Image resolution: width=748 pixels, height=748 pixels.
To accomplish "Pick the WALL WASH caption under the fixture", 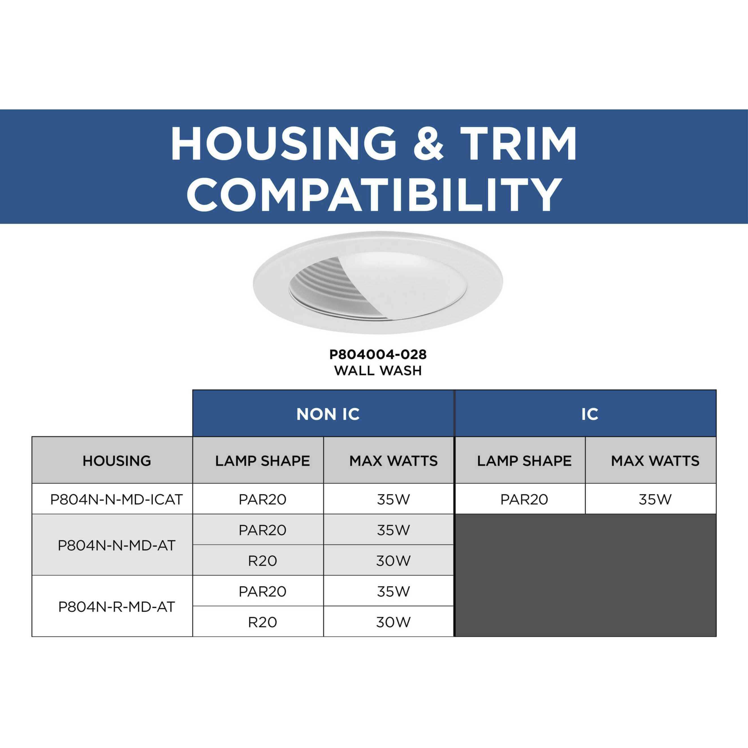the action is point(378,371).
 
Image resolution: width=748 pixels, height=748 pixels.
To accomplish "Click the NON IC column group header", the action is point(328,414).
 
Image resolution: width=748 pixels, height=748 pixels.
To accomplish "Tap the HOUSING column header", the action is point(116,461).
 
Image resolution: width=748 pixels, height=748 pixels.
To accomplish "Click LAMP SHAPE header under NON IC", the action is point(263,461).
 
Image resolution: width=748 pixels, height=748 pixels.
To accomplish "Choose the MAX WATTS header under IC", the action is point(655,461).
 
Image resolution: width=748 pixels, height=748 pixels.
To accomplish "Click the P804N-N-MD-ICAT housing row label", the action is point(116,500).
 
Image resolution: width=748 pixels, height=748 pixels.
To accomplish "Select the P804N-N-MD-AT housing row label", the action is point(116,546).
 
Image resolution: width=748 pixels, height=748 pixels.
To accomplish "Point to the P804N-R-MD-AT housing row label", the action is point(116,607).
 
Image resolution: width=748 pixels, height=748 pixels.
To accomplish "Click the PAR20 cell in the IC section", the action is point(524,500).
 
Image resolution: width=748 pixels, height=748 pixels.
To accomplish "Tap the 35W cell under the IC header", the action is point(655,500).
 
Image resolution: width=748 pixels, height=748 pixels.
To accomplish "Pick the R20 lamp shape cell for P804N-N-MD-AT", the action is point(263,561).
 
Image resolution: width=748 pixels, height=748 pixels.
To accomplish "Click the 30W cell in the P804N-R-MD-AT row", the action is point(393,622).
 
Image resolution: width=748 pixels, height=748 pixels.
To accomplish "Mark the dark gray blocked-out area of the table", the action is point(585,575).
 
